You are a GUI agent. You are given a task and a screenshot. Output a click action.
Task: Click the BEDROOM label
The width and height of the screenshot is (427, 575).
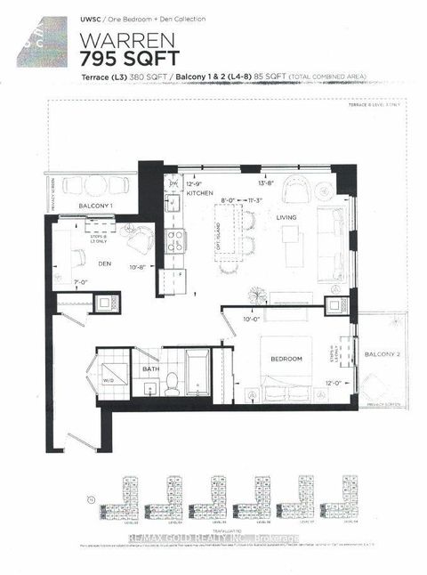(x=286, y=358)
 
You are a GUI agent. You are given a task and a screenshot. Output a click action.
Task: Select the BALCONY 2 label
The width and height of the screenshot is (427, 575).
(x=382, y=355)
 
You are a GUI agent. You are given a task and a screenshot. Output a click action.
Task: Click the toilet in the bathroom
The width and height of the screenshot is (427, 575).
(x=173, y=384)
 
